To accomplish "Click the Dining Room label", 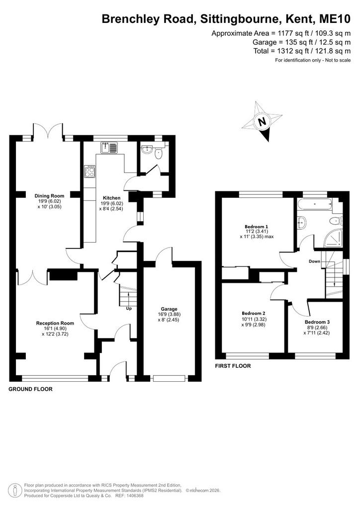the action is (x=49, y=196).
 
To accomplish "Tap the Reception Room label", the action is (x=55, y=323).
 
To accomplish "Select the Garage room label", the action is (x=169, y=309).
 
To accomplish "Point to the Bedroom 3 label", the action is (x=317, y=322).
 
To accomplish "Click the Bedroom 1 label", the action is (x=257, y=226).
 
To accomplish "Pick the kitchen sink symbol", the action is (x=108, y=148).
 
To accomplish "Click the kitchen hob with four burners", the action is (x=90, y=171).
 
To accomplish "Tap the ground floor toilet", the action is (x=159, y=153).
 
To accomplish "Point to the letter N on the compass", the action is (x=262, y=122).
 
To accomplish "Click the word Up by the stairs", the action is (x=129, y=308).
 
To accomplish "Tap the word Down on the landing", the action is (x=315, y=261).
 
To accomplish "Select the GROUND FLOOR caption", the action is (x=30, y=389).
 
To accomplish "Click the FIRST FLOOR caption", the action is (x=233, y=366).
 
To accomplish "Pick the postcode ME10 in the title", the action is (x=335, y=19).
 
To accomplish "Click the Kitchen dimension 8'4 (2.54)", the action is (x=111, y=209).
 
